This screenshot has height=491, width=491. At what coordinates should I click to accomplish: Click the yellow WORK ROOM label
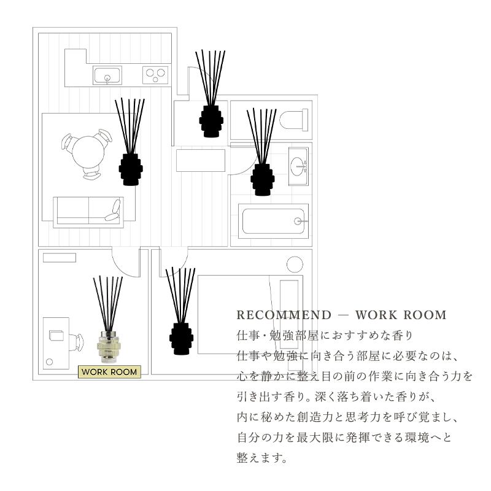[x=109, y=372]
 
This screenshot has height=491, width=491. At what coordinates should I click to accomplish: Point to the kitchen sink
[x=107, y=75]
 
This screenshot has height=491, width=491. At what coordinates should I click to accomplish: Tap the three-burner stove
[x=155, y=75]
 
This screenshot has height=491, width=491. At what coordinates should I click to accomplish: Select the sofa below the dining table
[x=88, y=212]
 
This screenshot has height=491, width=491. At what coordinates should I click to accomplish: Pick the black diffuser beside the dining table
[x=130, y=169]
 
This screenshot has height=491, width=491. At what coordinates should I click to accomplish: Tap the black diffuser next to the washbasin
[x=261, y=179]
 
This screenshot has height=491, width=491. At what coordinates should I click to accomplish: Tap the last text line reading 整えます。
[x=262, y=458]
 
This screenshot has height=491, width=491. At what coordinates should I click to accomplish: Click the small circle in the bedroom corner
[x=295, y=265]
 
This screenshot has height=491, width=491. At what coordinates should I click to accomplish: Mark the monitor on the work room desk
[x=57, y=336]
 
